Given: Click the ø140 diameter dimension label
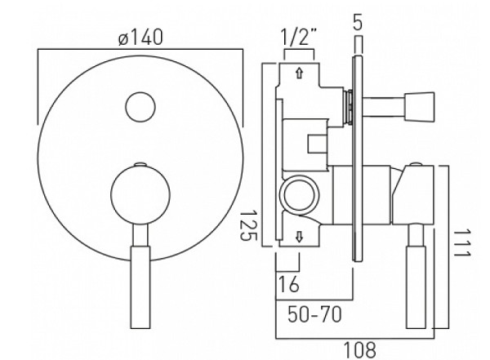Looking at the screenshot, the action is tap(141, 38).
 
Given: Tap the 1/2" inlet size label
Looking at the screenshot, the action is tap(299, 37).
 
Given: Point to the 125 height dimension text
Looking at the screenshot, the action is tap(248, 225).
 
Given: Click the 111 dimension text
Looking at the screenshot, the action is tap(461, 243).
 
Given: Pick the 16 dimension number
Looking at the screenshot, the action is tap(288, 284).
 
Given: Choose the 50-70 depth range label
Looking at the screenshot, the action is tap(314, 314).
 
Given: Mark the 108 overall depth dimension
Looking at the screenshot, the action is tap(359, 350).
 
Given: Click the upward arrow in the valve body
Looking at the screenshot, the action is tap(300, 73).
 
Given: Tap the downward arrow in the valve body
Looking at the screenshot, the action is tap(300, 237).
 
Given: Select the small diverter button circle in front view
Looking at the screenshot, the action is tap(140, 107).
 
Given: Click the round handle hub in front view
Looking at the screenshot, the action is tap(140, 194).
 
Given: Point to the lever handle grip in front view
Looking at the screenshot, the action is tap(140, 287).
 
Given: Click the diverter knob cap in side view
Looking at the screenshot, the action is tap(419, 106).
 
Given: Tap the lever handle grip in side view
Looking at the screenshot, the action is tap(416, 287).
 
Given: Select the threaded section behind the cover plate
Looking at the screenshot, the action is tap(349, 107).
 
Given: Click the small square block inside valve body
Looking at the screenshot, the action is tap(317, 144).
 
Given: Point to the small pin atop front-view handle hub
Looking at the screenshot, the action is tap(140, 164).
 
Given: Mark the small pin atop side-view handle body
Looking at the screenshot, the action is tap(416, 164).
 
